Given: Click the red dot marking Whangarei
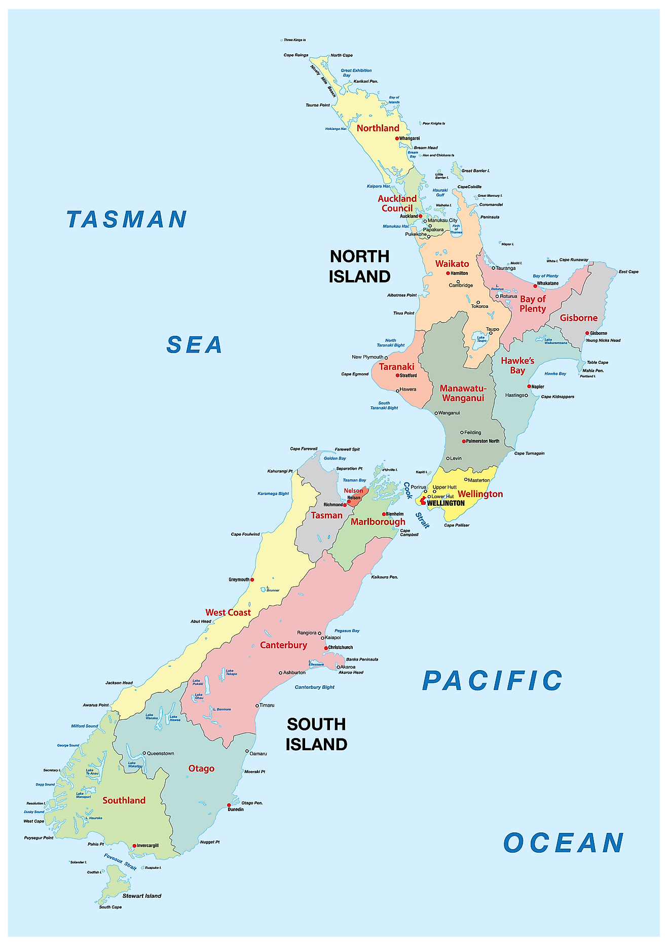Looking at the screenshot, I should pyautogui.click(x=397, y=138).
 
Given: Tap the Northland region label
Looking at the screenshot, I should pyautogui.click(x=378, y=128).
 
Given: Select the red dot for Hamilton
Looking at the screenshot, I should pyautogui.click(x=448, y=273).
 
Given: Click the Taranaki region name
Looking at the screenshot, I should pyautogui.click(x=396, y=367).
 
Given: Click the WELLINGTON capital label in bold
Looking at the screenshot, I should pyautogui.click(x=445, y=503).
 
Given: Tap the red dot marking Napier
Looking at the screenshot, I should pyautogui.click(x=529, y=387).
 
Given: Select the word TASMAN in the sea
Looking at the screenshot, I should pyautogui.click(x=127, y=220).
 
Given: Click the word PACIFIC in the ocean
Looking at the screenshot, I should pyautogui.click(x=492, y=681).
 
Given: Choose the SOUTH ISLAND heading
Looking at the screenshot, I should pyautogui.click(x=316, y=734).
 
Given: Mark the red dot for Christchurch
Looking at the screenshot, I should pyautogui.click(x=326, y=648).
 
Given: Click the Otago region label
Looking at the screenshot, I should pyautogui.click(x=201, y=768).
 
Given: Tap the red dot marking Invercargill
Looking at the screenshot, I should pyautogui.click(x=134, y=846).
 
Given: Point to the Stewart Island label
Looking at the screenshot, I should pyautogui.click(x=142, y=896).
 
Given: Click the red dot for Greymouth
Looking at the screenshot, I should pyautogui.click(x=252, y=579).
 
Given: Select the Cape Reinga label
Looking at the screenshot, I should pyautogui.click(x=295, y=55).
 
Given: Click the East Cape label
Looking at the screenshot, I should pyautogui.click(x=628, y=272).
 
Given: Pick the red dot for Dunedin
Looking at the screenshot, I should pyautogui.click(x=229, y=805).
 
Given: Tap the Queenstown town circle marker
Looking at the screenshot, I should pyautogui.click(x=144, y=753).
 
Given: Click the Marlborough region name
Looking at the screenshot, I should pyautogui.click(x=378, y=522).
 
